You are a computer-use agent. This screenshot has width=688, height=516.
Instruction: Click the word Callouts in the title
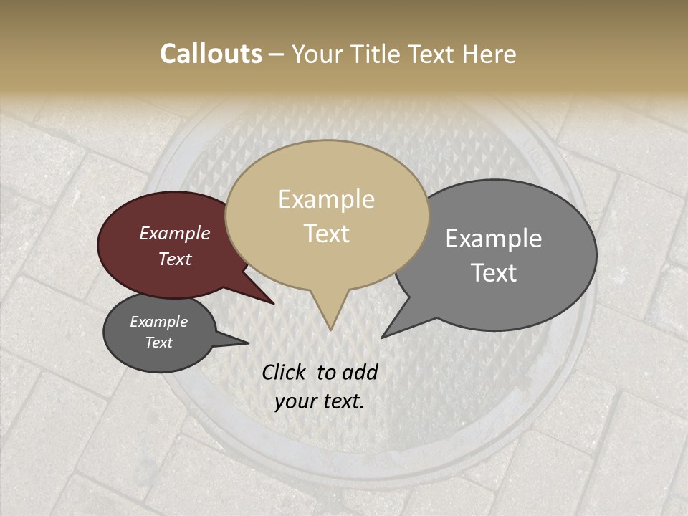tap(211, 54)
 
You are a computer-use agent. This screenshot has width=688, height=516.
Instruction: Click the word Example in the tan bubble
tap(326, 199)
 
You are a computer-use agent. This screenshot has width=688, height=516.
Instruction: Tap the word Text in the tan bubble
tap(327, 234)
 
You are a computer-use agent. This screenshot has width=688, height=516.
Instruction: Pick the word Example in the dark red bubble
tap(175, 233)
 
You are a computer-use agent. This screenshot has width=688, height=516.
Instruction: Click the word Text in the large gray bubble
tap(494, 273)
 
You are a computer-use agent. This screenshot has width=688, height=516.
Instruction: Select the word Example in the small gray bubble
tap(158, 322)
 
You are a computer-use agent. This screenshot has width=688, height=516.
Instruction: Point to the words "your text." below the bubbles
tap(319, 401)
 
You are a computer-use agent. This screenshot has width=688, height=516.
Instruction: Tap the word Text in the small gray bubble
tap(159, 343)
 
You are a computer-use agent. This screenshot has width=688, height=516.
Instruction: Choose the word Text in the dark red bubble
tap(175, 259)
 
